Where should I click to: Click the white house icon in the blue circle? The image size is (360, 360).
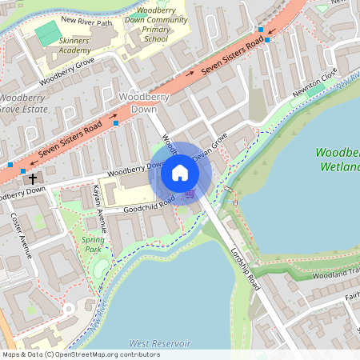180,173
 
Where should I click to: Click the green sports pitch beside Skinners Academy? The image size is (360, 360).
47,33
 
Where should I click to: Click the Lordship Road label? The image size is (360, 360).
244,265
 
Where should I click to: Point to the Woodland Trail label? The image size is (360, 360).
335,273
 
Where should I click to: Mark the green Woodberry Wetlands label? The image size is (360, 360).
337,159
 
